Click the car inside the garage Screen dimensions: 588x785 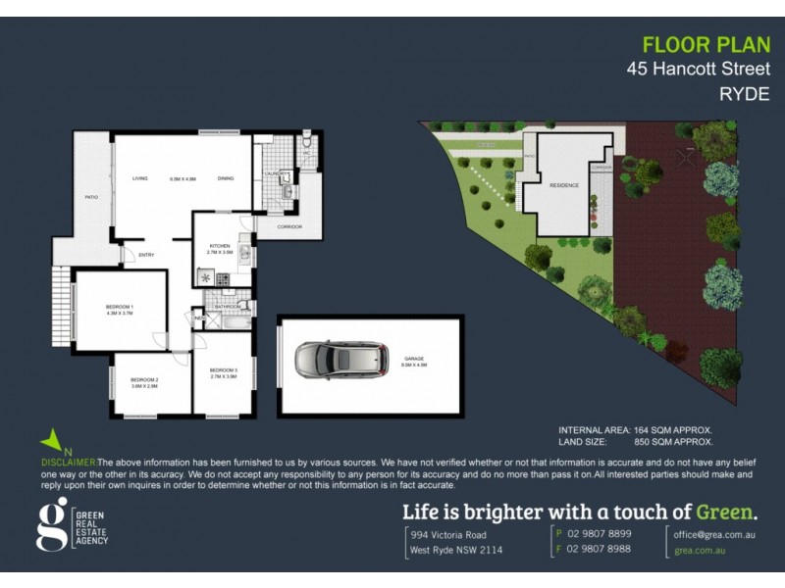point(341,361)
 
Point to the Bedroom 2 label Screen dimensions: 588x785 point(144,382)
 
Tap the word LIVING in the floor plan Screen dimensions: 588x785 point(140,178)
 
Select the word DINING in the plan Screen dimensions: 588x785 point(226,178)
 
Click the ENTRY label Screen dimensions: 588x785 point(147,256)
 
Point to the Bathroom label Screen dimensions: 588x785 point(229,307)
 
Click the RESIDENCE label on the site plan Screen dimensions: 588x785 point(564,185)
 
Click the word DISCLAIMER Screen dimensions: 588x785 point(69,461)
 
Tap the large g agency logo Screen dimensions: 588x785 point(51,524)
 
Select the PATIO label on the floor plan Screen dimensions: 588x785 point(91,197)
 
